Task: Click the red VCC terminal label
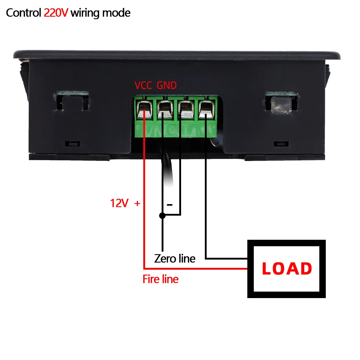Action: pyautogui.click(x=144, y=85)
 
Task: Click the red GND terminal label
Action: pyautogui.click(x=167, y=85)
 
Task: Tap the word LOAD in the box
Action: pyautogui.click(x=287, y=269)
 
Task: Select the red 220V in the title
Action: pyautogui.click(x=56, y=13)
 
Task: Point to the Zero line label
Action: pyautogui.click(x=175, y=258)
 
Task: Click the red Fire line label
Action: pyautogui.click(x=161, y=279)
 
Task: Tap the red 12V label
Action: pyautogui.click(x=119, y=203)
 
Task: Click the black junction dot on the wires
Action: pyautogui.click(x=162, y=216)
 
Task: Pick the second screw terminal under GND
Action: pyautogui.click(x=165, y=110)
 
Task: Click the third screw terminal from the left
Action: pyautogui.click(x=185, y=110)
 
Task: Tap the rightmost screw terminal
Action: pyautogui.click(x=206, y=110)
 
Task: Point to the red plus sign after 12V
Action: pyautogui.click(x=137, y=203)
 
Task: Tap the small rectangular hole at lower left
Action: pyautogui.click(x=72, y=144)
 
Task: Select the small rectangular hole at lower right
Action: pyautogui.click(x=281, y=144)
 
